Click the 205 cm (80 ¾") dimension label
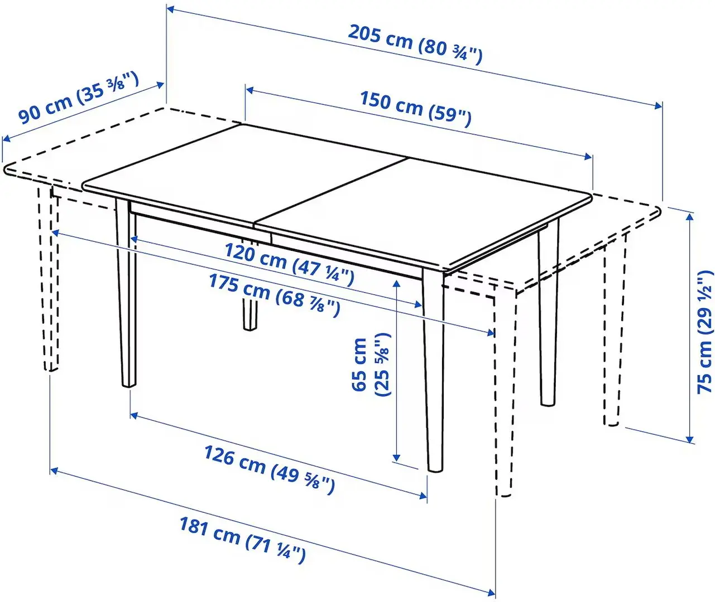(415, 43)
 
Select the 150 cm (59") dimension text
(415, 107)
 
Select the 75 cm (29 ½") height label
(705, 331)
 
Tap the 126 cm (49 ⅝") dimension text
(269, 469)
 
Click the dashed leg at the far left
(49, 279)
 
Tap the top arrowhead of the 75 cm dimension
(691, 215)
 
